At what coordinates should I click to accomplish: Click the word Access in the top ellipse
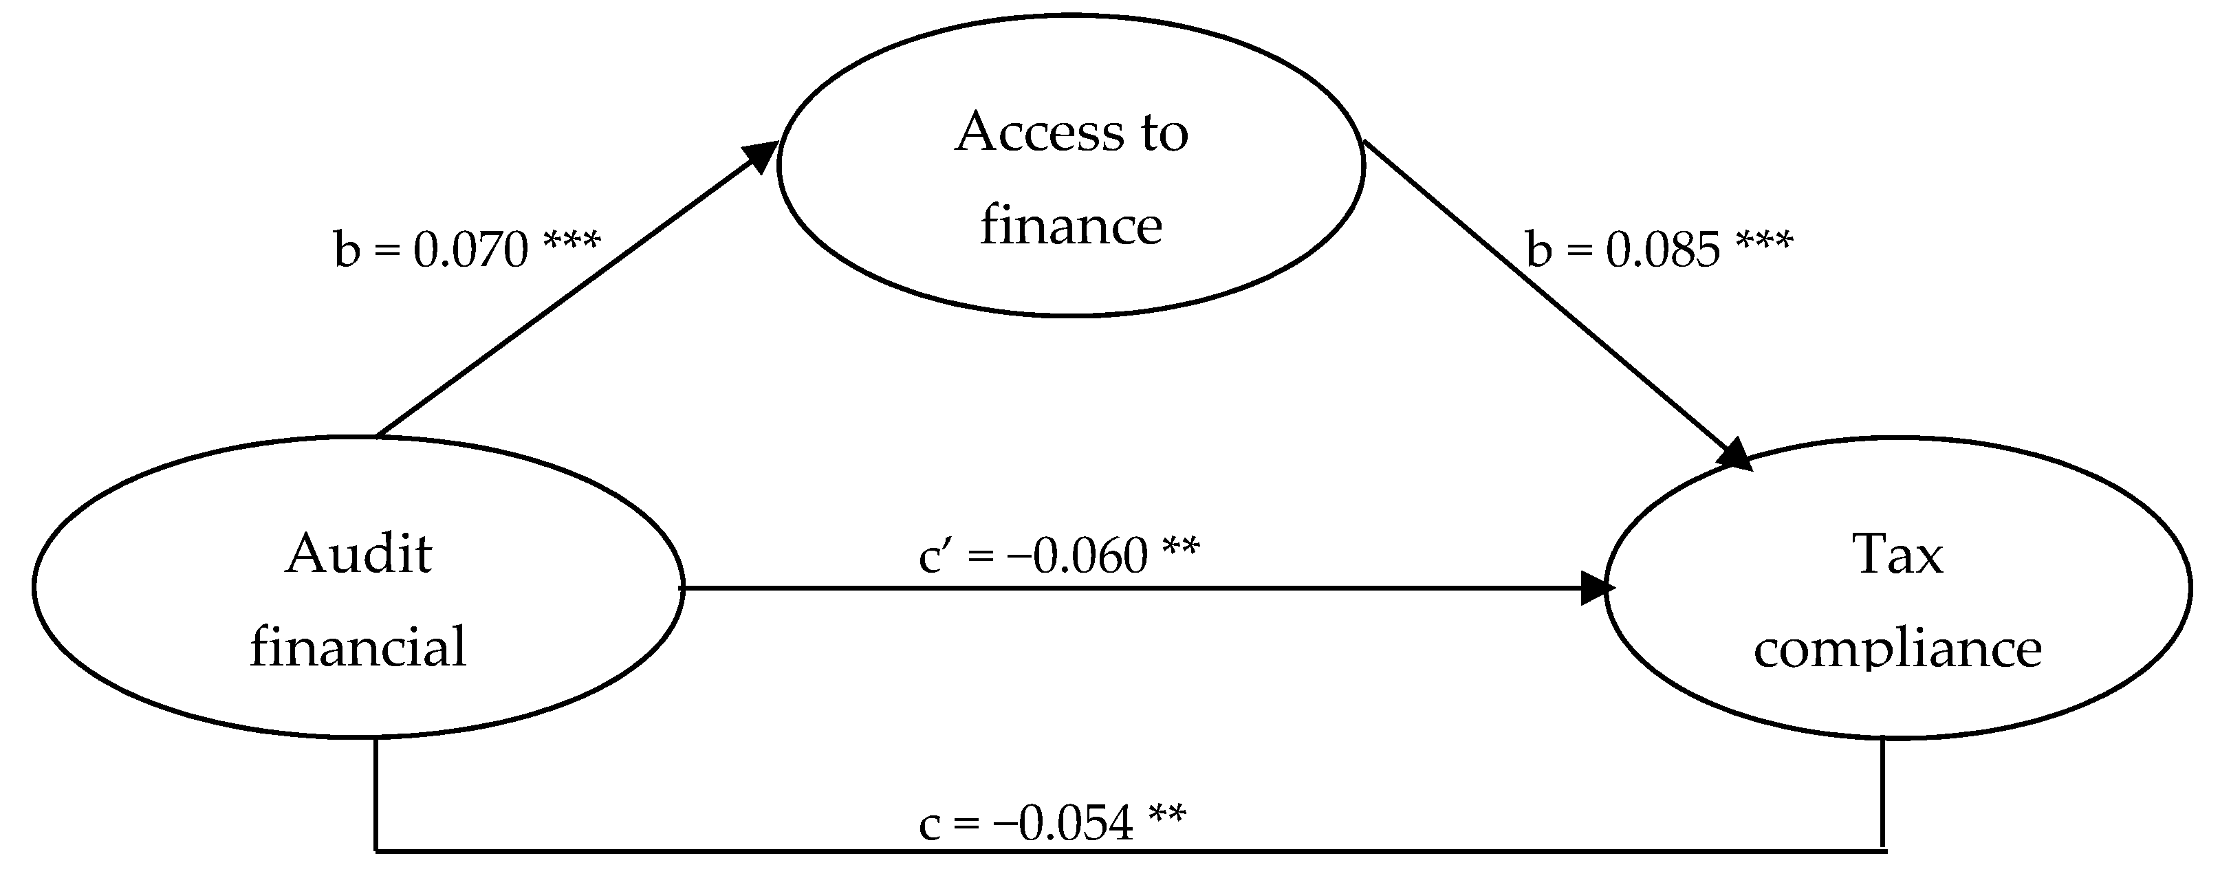(x=1039, y=133)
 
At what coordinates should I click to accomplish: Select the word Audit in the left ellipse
(x=358, y=553)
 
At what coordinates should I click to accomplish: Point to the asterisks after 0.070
(x=572, y=242)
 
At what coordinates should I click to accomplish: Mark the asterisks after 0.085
(x=1764, y=242)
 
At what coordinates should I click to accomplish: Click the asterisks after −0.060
(x=1180, y=548)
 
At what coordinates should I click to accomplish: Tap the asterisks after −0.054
(x=1167, y=815)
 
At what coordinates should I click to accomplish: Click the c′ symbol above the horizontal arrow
(x=936, y=555)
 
